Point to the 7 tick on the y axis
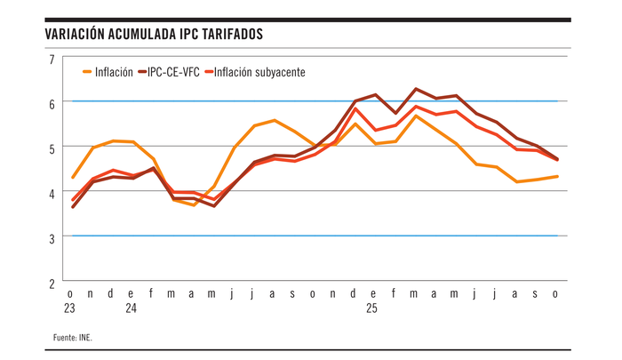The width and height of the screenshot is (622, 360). (52, 59)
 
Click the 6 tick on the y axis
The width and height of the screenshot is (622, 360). (52, 103)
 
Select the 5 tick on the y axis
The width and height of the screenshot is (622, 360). (52, 148)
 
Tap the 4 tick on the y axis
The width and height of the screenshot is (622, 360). (52, 192)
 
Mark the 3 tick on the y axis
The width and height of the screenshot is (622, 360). (52, 237)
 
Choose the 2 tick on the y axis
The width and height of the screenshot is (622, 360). (52, 282)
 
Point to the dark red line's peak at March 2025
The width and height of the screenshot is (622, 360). (415, 89)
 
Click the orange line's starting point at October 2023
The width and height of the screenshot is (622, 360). (72, 178)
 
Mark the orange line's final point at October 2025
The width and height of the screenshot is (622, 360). (557, 176)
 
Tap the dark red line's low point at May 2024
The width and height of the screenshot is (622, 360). (214, 206)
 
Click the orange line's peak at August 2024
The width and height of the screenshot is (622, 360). (275, 120)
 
